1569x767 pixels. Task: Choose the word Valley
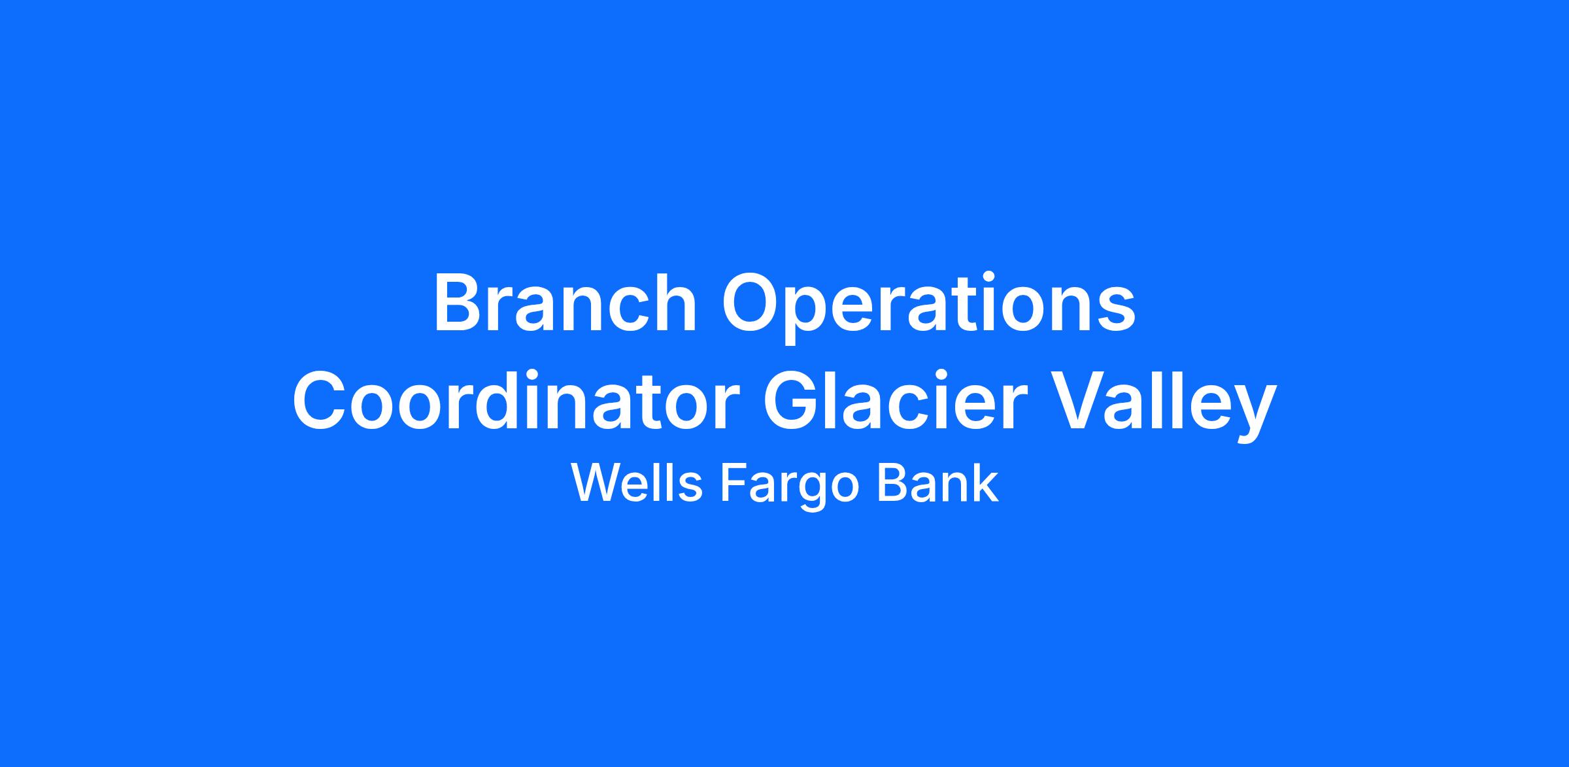click(1160, 405)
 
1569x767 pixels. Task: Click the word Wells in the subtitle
click(637, 484)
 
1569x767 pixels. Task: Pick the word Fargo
click(788, 487)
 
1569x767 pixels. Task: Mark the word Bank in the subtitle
click(937, 484)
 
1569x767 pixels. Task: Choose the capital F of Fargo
click(733, 484)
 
